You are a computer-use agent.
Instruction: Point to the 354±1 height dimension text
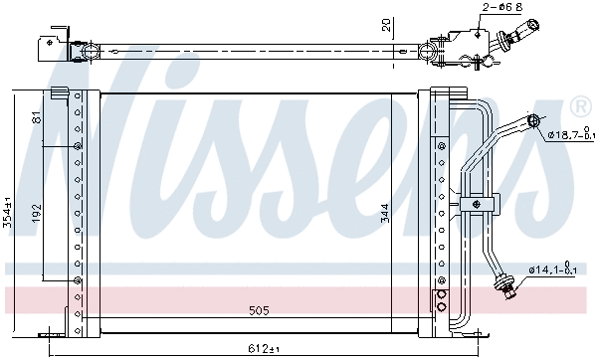coord(10,213)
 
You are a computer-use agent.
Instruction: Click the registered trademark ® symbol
coord(578,104)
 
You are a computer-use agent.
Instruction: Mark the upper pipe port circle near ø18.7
coord(533,121)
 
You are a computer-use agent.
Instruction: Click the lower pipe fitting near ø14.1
coord(509,289)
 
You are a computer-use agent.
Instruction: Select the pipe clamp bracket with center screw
coord(477,205)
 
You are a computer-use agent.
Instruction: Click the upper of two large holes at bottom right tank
coord(440,294)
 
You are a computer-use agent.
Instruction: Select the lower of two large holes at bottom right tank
coord(440,309)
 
